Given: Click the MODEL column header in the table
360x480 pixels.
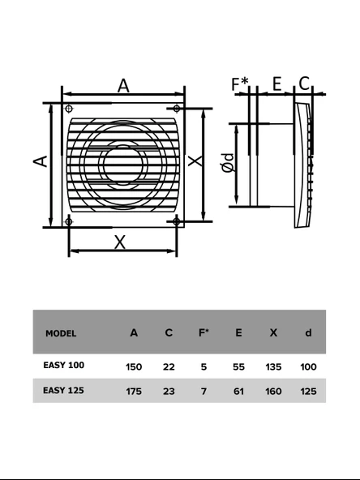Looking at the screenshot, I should click(62, 333).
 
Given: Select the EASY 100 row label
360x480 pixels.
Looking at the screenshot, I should click(63, 366).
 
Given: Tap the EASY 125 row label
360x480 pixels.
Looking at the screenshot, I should click(63, 390).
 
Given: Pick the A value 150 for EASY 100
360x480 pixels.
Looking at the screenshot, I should click(134, 366).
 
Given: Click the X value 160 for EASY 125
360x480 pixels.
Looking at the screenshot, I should click(273, 391).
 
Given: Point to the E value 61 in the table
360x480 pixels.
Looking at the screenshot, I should click(238, 391).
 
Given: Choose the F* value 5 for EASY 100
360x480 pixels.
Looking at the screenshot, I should click(204, 366).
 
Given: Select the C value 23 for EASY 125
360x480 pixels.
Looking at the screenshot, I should click(169, 391).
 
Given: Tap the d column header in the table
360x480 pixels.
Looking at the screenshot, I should click(308, 333).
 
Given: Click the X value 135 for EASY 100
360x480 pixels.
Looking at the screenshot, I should click(273, 366).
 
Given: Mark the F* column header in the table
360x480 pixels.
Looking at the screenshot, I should click(204, 333).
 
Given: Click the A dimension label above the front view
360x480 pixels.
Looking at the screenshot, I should click(123, 85).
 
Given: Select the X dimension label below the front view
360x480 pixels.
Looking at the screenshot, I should click(121, 241).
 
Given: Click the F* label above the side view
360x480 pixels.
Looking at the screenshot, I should click(240, 84).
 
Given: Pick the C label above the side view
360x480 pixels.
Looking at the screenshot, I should click(304, 84).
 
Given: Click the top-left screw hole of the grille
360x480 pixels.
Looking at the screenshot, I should click(69, 109).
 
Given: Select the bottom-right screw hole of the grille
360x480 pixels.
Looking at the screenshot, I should click(176, 221).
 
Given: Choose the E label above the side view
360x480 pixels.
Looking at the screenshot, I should click(276, 84).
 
